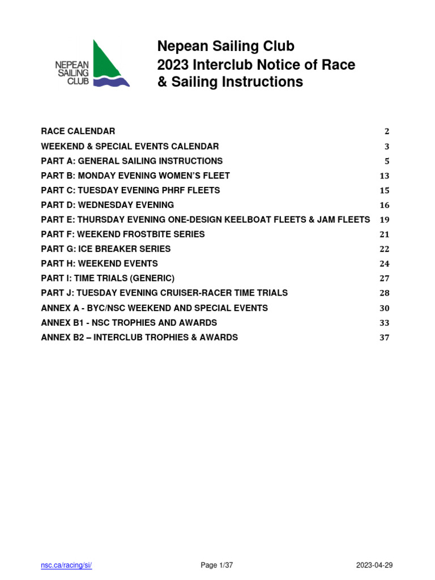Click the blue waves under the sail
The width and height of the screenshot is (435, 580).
(111, 82)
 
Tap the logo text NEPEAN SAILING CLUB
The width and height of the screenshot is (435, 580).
(72, 74)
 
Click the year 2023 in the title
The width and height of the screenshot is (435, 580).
(173, 65)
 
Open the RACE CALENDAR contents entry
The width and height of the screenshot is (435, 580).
(78, 131)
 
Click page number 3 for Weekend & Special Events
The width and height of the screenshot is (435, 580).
(387, 146)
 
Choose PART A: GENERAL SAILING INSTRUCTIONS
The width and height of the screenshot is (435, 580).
(132, 161)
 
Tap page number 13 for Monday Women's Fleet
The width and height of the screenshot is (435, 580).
(385, 176)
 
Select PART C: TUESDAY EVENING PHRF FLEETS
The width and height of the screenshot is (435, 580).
(131, 190)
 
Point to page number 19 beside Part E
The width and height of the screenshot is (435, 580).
(385, 220)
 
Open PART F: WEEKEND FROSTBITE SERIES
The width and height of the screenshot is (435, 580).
(123, 234)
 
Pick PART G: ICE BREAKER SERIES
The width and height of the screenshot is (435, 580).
(106, 249)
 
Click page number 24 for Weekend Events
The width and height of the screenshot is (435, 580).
(385, 264)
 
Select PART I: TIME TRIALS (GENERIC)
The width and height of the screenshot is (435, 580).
(108, 279)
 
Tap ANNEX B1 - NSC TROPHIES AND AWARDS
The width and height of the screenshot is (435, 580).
(129, 323)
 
